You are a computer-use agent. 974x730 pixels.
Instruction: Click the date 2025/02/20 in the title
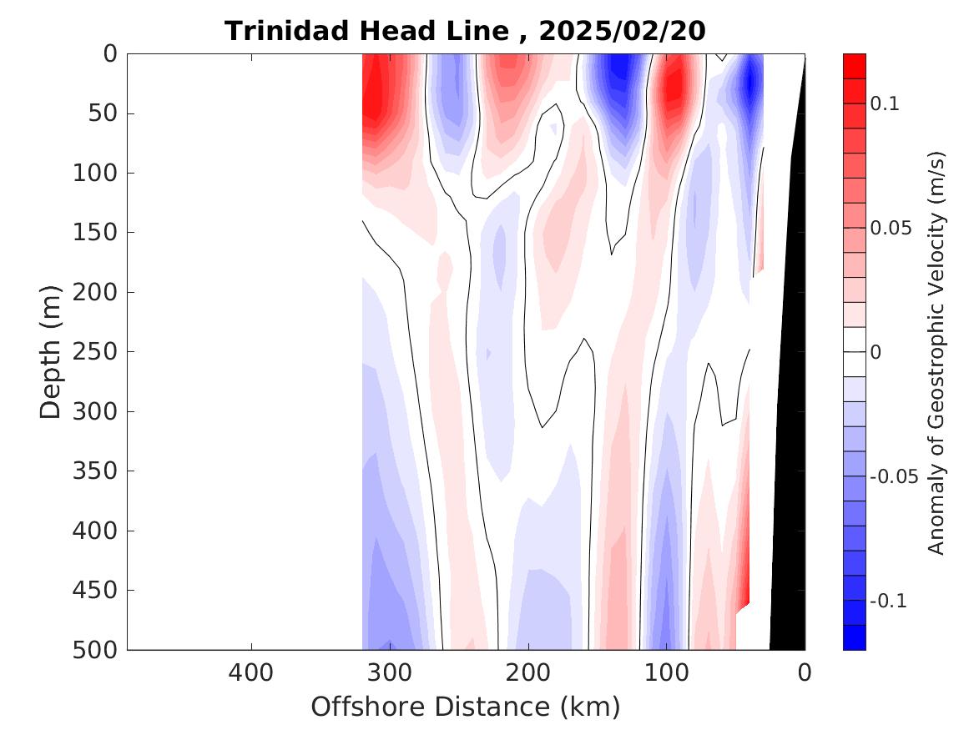click(x=622, y=32)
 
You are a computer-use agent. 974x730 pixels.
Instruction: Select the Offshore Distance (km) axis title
click(x=466, y=707)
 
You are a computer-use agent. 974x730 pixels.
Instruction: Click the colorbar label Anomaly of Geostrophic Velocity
click(x=936, y=352)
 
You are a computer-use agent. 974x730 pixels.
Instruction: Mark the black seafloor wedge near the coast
click(x=789, y=501)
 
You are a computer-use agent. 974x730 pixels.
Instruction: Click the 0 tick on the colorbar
click(x=876, y=353)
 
